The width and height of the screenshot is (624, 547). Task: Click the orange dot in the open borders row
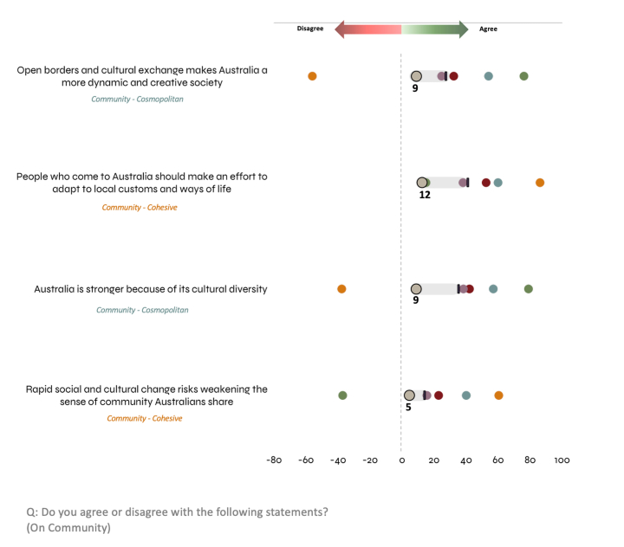(312, 76)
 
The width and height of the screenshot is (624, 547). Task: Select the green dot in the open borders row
(523, 76)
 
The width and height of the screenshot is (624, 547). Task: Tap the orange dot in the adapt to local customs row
(540, 183)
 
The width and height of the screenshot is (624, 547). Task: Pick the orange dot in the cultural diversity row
(341, 289)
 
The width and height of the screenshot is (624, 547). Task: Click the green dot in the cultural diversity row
(529, 289)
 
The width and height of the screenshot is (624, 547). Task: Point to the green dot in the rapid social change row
(342, 396)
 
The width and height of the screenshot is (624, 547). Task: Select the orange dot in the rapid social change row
(498, 396)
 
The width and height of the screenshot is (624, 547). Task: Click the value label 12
(425, 196)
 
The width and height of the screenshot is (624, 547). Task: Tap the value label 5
(408, 407)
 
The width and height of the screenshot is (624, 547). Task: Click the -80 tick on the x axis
(273, 460)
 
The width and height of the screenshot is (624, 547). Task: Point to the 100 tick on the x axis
(562, 460)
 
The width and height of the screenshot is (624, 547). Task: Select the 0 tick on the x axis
(401, 460)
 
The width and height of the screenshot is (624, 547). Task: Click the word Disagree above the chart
(310, 29)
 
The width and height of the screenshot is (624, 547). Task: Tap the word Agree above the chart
(489, 29)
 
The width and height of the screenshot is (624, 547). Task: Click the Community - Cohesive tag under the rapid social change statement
(145, 419)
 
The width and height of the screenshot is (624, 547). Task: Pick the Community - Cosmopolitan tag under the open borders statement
(138, 99)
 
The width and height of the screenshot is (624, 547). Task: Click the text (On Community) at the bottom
(68, 527)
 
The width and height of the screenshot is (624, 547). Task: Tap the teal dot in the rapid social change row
(466, 396)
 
